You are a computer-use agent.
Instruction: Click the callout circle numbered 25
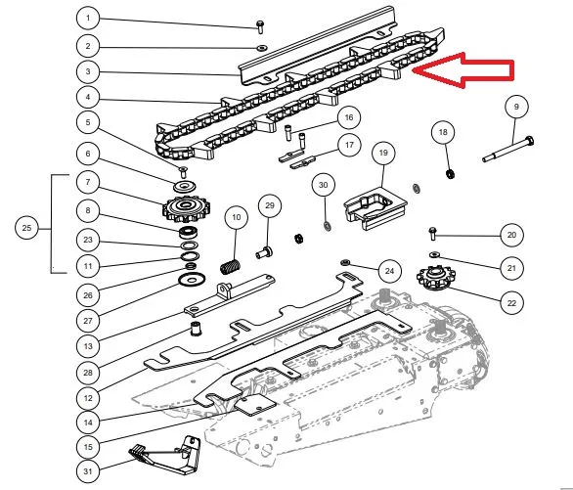(x=26, y=228)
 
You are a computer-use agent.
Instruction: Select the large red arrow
(x=464, y=70)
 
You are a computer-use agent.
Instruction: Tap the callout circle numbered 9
(x=516, y=107)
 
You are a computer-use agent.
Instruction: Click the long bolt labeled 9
(x=507, y=150)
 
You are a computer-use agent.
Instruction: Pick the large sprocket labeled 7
(x=187, y=208)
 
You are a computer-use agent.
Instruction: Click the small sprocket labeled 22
(x=435, y=278)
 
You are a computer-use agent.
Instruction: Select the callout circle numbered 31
(x=88, y=471)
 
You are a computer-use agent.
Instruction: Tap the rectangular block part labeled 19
(x=375, y=208)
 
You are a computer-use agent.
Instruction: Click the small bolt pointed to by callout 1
(x=260, y=27)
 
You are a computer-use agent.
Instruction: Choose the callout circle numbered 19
(x=383, y=153)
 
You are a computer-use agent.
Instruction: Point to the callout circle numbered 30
(x=324, y=185)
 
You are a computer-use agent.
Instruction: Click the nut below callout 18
(x=451, y=173)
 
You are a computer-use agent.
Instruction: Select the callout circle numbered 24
(x=389, y=271)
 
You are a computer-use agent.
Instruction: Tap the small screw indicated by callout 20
(x=432, y=233)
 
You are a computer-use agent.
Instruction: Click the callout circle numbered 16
(x=349, y=117)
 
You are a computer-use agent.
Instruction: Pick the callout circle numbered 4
(x=88, y=97)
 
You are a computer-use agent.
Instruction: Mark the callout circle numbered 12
(x=88, y=398)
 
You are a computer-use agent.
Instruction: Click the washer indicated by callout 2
(x=262, y=48)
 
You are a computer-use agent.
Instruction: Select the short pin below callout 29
(x=264, y=252)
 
